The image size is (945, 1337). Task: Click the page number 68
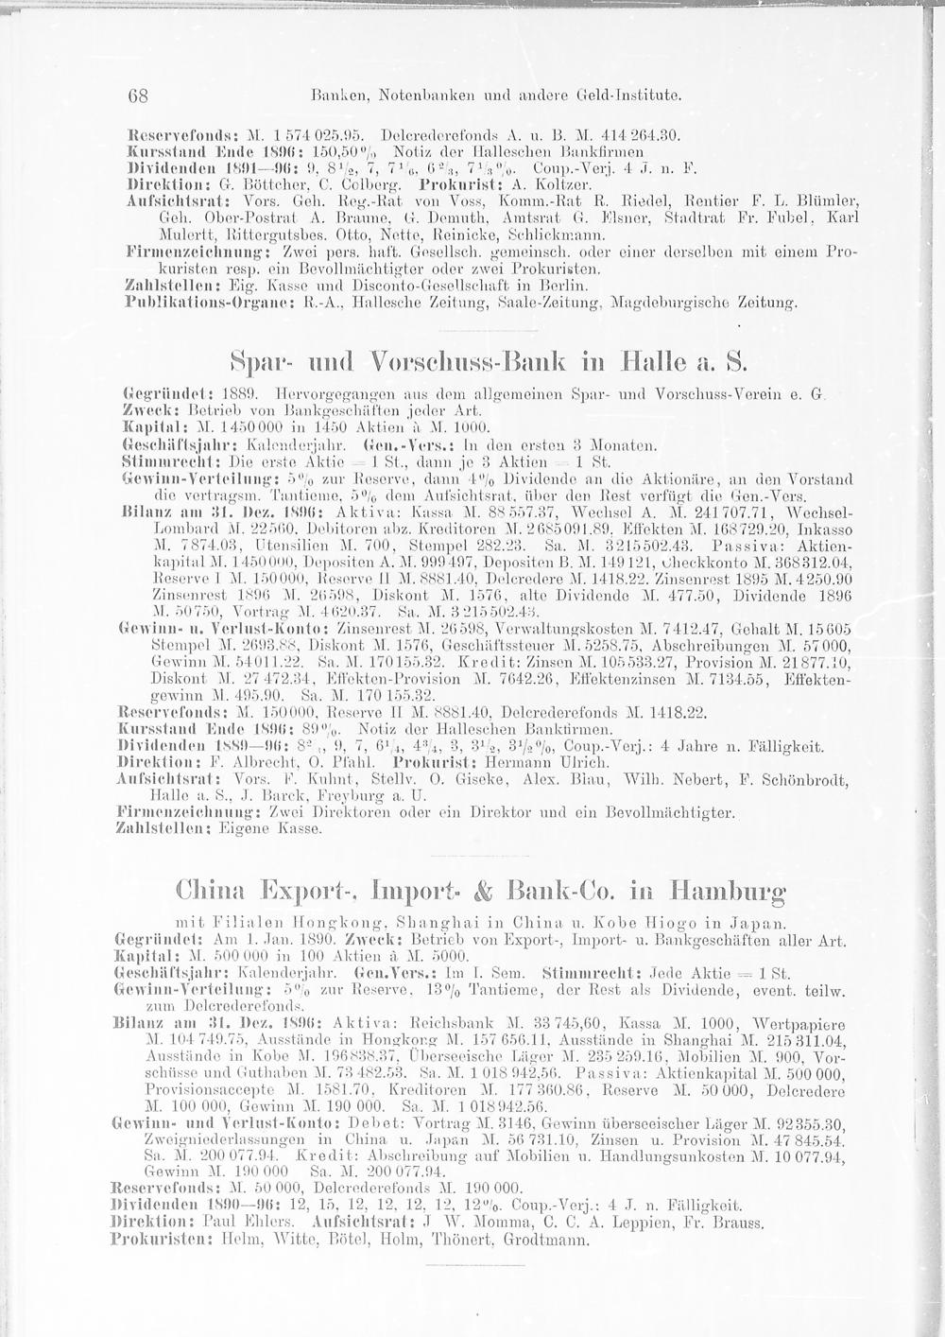(x=138, y=95)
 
